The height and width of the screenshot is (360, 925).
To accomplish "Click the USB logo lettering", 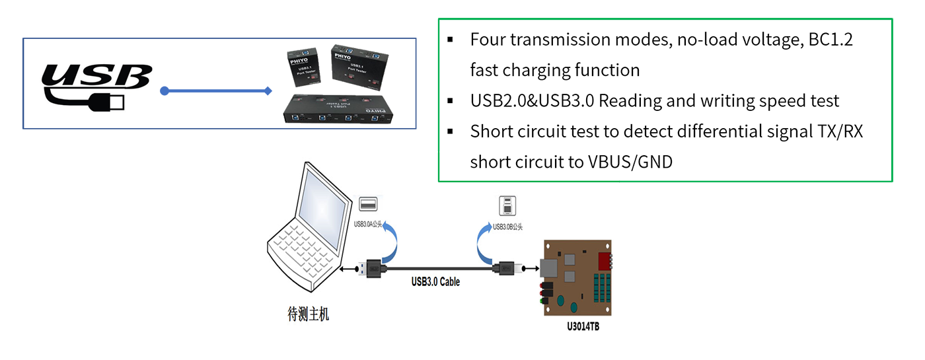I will [x=96, y=77].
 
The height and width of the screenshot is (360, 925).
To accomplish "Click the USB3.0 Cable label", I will [x=435, y=282].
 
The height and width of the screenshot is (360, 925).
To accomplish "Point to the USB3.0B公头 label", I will [x=508, y=227].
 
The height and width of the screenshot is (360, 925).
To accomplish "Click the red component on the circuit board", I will [x=604, y=260].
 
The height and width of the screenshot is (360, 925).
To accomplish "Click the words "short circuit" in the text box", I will [x=509, y=162].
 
